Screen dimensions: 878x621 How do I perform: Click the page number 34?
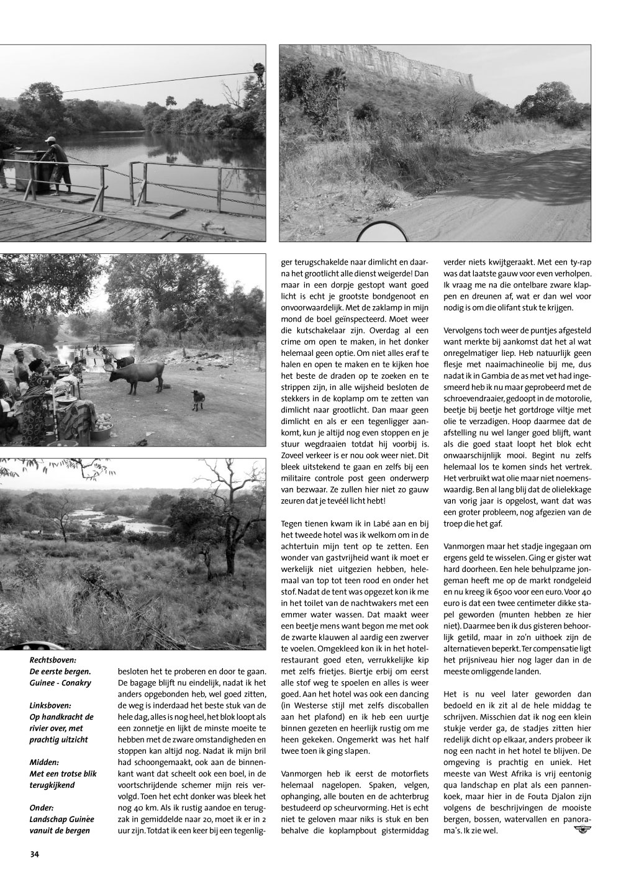34,854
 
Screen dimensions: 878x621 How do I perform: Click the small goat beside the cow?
198,399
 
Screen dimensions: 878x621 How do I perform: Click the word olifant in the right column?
527,309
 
